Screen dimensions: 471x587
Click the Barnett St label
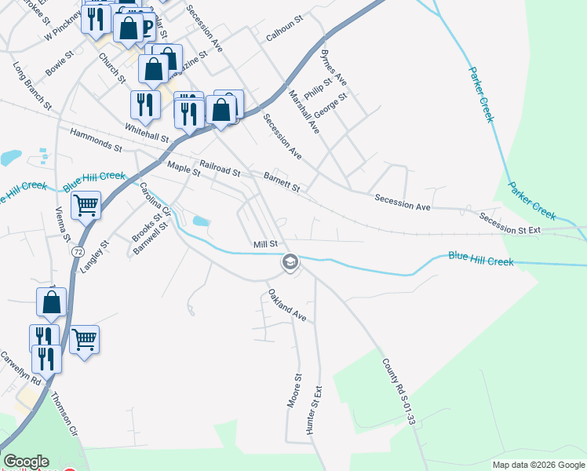coord(282,183)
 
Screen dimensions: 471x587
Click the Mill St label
coord(265,244)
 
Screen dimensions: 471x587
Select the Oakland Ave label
coord(286,305)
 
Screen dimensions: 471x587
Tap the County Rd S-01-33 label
coord(398,392)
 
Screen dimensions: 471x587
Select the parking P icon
coord(146,27)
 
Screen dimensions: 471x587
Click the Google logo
coord(26,462)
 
